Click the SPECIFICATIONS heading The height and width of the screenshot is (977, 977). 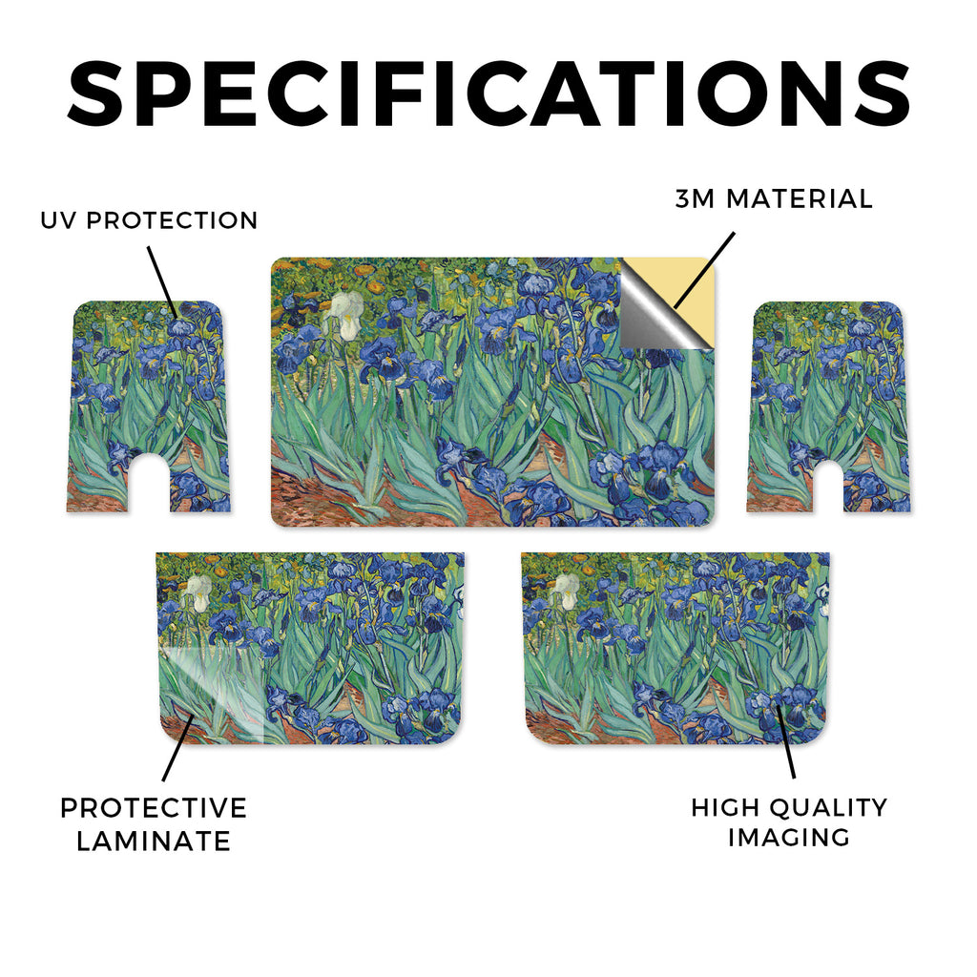[x=488, y=94]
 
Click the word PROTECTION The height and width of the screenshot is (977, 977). [x=172, y=220]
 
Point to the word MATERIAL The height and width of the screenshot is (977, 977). [x=800, y=198]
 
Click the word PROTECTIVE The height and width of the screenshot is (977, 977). [x=154, y=808]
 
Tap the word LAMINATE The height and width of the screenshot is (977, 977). [x=154, y=842]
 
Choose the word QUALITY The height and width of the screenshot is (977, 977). [x=828, y=807]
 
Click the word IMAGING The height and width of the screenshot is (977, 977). [x=789, y=838]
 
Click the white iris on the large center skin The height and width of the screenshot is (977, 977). [x=344, y=315]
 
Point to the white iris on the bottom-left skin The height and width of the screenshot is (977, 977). [x=199, y=592]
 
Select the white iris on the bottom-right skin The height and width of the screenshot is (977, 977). [x=566, y=591]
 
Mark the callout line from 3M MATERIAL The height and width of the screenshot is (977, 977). [x=705, y=270]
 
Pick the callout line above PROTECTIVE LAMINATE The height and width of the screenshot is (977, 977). [x=178, y=749]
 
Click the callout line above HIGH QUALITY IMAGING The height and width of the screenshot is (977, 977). [x=786, y=740]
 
